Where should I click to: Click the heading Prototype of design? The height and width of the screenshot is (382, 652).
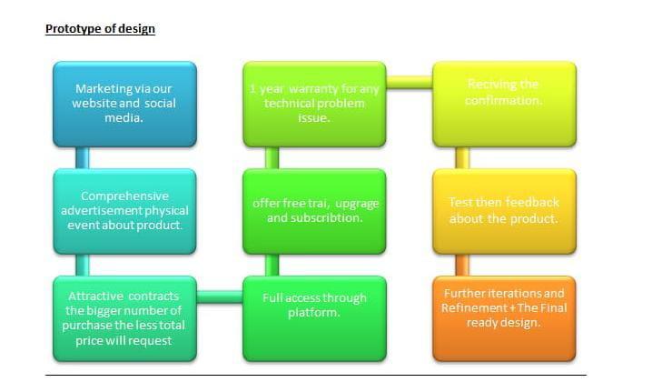click(x=100, y=29)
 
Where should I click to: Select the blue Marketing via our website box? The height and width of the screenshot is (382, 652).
click(x=124, y=104)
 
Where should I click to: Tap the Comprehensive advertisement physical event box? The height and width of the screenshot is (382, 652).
click(x=124, y=211)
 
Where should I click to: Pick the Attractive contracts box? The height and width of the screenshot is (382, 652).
click(x=124, y=318)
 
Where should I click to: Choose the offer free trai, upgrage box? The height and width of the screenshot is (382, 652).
click(x=314, y=211)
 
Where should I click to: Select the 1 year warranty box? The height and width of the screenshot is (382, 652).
click(x=314, y=104)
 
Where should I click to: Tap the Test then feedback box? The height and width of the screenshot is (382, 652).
click(x=503, y=211)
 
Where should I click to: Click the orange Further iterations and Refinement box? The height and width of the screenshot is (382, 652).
click(x=503, y=318)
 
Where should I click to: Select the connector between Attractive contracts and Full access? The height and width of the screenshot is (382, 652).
click(x=219, y=296)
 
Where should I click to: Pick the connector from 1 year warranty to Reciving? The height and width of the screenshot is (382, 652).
click(x=410, y=83)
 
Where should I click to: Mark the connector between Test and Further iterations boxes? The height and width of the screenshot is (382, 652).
click(x=462, y=265)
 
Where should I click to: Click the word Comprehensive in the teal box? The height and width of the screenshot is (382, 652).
click(x=124, y=196)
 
